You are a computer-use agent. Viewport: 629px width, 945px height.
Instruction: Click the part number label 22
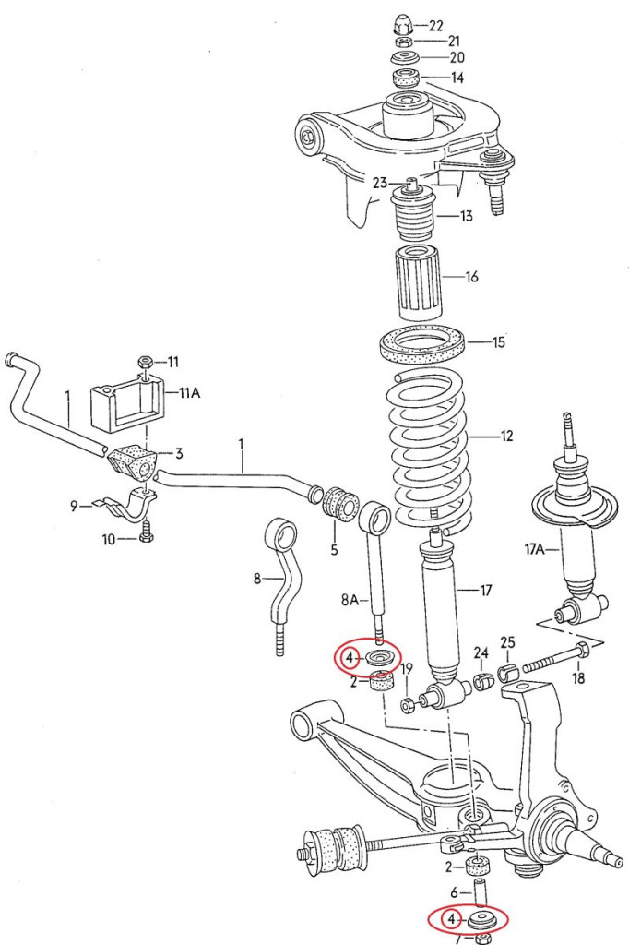coord(436,25)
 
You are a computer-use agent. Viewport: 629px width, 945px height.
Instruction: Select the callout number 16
coord(471,277)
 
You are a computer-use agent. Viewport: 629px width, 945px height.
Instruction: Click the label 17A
coord(536,550)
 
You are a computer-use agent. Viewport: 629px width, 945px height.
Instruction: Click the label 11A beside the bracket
coord(188,392)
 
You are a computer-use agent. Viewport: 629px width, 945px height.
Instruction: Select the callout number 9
coord(74,505)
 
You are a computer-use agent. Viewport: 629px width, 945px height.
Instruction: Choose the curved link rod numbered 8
coord(280,581)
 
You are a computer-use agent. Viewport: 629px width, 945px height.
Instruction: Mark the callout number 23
coord(380,183)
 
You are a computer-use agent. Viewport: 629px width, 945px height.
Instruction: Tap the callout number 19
coord(407,668)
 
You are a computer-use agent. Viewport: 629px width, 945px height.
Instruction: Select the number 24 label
coord(480,653)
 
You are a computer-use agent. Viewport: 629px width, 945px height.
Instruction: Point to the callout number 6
coord(455,892)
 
